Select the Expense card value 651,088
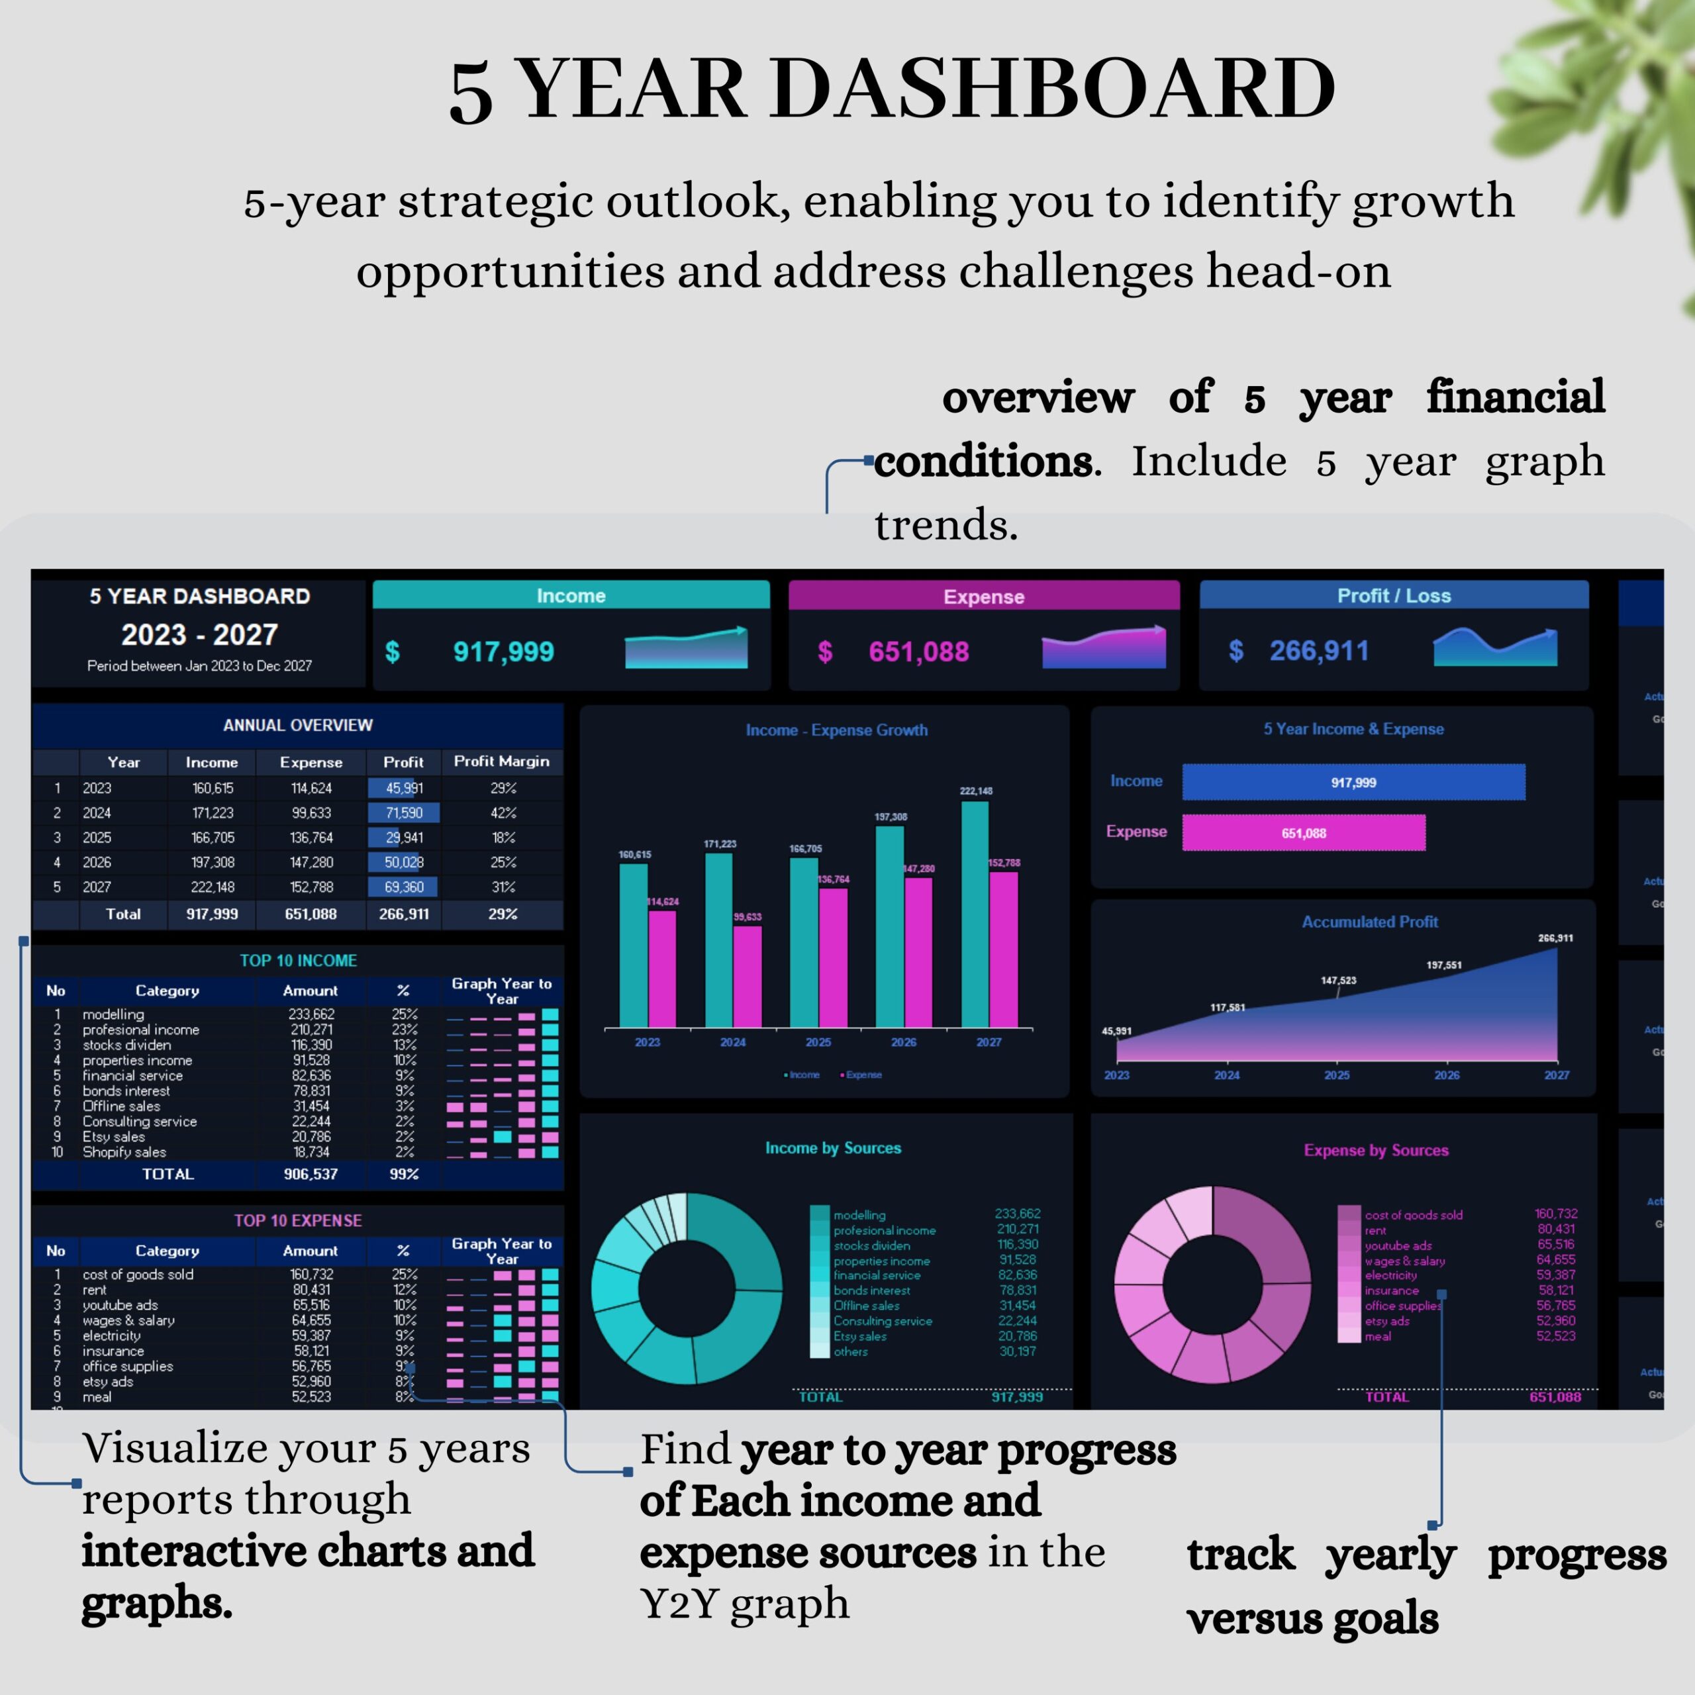918,652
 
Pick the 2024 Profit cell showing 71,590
404,812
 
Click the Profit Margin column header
501,761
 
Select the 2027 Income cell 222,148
213,887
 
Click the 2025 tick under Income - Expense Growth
818,1042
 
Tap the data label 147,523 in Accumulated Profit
1338,980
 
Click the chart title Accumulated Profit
1369,922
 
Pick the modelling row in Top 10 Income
113,1014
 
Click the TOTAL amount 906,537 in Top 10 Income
311,1174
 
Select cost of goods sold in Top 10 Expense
138,1274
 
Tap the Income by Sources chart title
832,1147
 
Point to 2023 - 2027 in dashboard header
199,634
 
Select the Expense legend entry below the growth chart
863,1075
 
